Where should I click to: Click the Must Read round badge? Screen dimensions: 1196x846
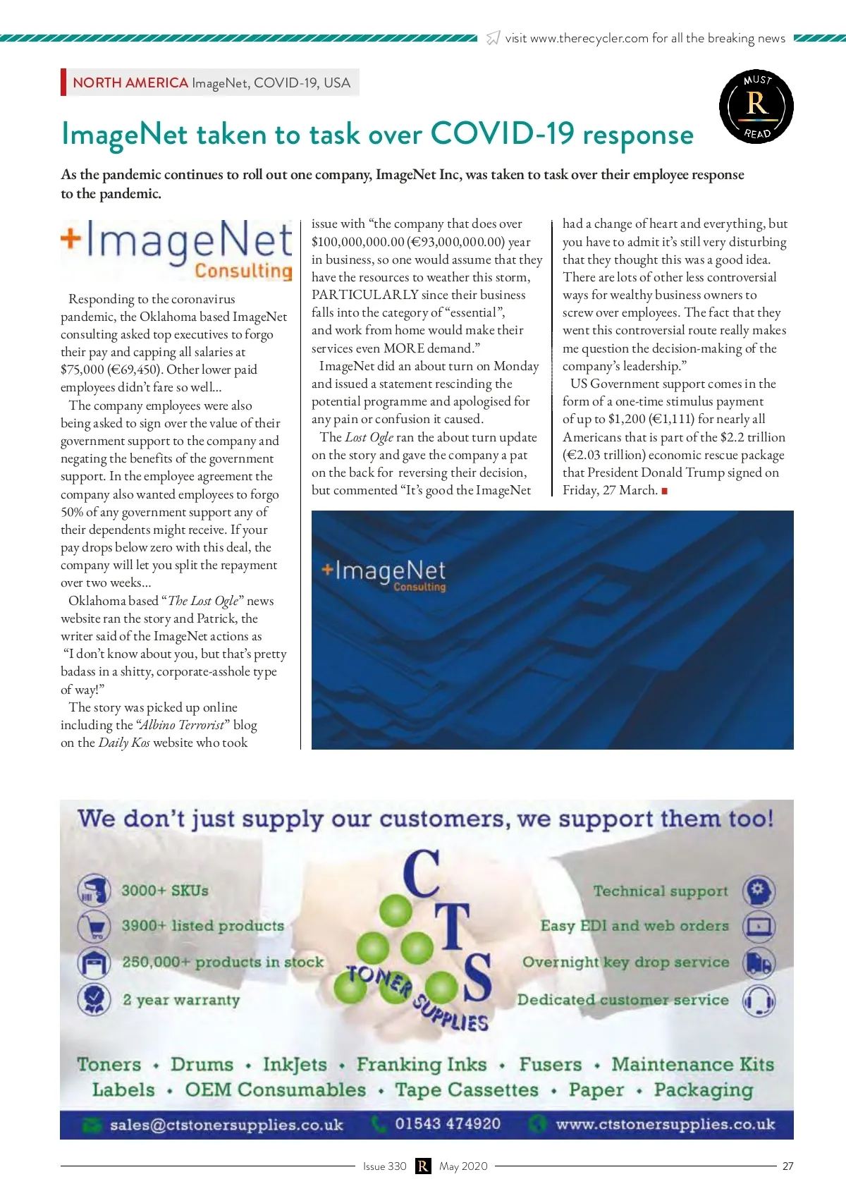756,106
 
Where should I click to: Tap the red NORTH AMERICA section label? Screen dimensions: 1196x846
130,83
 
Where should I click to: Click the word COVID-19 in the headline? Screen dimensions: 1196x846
502,133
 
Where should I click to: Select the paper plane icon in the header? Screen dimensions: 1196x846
493,38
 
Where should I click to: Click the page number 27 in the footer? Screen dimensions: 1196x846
787,1166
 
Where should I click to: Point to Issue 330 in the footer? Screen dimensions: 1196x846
384,1166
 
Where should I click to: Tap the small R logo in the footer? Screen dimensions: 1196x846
423,1166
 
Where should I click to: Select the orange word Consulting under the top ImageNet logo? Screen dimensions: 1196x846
243,271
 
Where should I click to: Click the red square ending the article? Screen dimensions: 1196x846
664,491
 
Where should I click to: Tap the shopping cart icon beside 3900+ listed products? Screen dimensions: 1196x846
94,926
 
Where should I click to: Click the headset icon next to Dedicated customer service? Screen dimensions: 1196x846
759,1000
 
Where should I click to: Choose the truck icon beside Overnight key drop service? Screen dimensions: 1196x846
759,963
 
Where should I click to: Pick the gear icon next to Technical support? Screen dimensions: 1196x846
759,891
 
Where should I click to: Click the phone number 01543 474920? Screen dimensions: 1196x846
448,1123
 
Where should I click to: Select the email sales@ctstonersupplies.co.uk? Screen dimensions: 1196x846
226,1125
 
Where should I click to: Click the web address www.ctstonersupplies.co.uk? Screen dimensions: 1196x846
665,1124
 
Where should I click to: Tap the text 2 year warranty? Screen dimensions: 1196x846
181,1000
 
